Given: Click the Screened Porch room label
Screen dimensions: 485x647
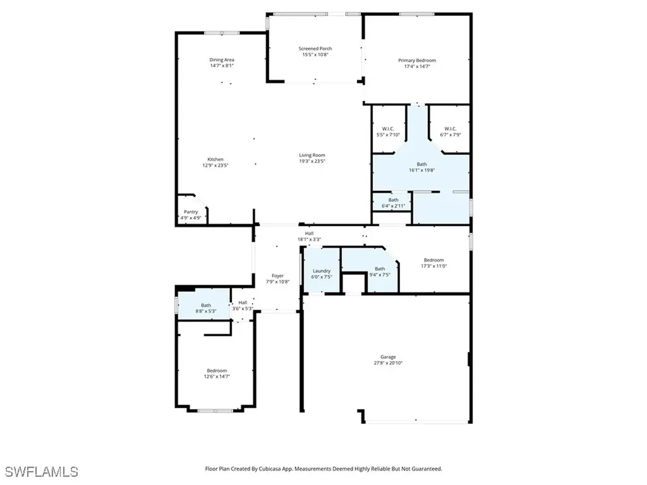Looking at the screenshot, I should (x=315, y=49).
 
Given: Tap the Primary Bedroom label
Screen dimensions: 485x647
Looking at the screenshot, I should (x=416, y=61).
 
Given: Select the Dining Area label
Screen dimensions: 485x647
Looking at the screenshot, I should (x=222, y=60).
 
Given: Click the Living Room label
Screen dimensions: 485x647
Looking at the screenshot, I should (x=312, y=155).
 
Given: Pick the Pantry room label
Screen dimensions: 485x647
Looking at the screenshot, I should (x=191, y=212).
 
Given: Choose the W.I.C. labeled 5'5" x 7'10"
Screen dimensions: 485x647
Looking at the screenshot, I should (x=388, y=129).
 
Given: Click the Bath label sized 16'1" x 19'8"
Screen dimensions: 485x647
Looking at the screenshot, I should (x=421, y=164).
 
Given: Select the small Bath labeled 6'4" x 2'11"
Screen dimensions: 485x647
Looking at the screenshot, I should (x=393, y=200).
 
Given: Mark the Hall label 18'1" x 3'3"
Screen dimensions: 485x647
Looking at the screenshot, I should (x=309, y=234).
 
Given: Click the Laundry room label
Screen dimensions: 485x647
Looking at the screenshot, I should (x=322, y=271).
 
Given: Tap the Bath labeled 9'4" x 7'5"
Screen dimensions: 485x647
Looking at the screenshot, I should (x=380, y=268).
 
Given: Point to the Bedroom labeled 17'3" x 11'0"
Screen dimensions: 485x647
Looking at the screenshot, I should (x=433, y=260).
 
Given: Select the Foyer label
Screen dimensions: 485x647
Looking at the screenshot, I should (x=277, y=275).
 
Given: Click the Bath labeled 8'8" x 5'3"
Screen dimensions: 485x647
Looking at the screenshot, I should (x=206, y=306).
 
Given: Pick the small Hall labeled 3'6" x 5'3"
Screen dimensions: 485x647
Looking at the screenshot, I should (x=243, y=302).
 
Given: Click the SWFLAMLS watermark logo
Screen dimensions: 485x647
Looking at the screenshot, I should (x=42, y=471).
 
